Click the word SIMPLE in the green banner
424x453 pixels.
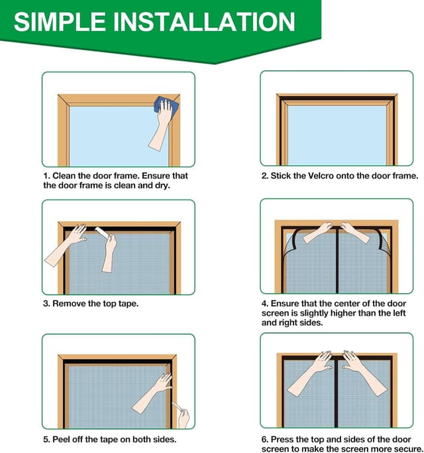tap(60, 22)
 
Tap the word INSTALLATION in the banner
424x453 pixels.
tap(204, 22)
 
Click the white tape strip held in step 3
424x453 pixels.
tap(103, 233)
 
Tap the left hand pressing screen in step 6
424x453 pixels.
tap(309, 373)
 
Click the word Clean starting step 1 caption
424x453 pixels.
tap(64, 176)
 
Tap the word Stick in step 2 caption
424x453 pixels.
tap(280, 176)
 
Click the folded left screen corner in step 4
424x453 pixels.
tap(291, 244)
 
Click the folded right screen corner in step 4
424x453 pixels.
tap(383, 242)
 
